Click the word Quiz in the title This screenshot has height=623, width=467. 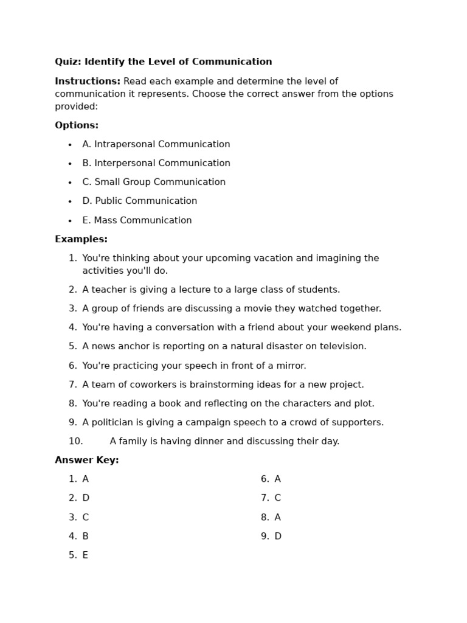(x=67, y=62)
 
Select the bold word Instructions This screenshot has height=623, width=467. (x=88, y=82)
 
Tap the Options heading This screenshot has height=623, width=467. (x=77, y=125)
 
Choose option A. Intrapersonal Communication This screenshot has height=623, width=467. (x=156, y=145)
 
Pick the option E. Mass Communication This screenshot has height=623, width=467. (x=137, y=221)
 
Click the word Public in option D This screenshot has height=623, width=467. (x=110, y=201)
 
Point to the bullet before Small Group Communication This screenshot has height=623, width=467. (x=70, y=183)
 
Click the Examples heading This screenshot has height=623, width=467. (x=81, y=240)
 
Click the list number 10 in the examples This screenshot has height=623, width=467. (x=75, y=442)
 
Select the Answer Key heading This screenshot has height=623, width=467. (x=87, y=461)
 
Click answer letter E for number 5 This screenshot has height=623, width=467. (x=85, y=555)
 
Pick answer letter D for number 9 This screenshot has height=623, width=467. (x=278, y=537)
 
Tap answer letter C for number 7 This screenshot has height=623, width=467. (x=278, y=498)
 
